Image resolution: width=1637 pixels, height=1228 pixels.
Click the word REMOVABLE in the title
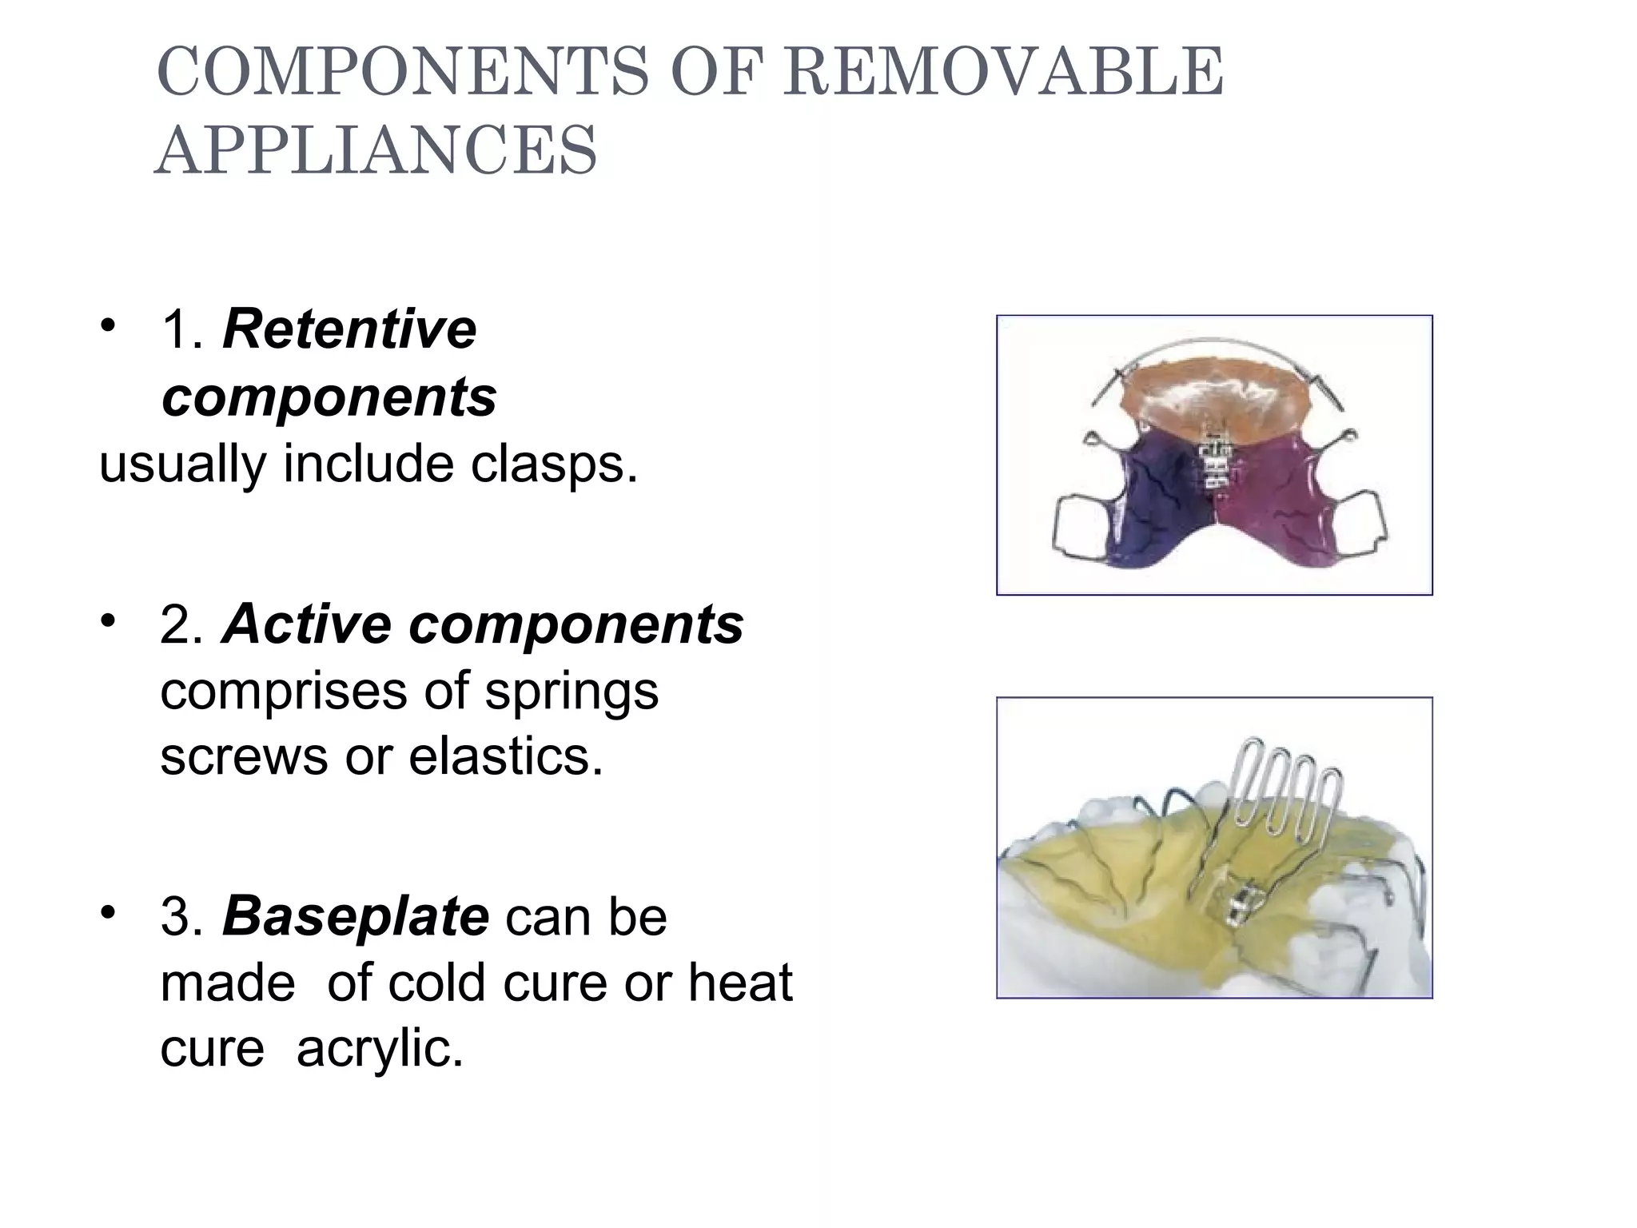(1002, 72)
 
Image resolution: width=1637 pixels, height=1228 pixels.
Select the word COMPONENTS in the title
(404, 72)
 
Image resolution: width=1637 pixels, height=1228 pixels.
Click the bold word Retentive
(349, 329)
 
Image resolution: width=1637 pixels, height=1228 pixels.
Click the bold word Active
(307, 624)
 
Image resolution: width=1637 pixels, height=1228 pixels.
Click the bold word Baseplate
(356, 916)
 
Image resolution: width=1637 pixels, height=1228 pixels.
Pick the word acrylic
(380, 1048)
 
